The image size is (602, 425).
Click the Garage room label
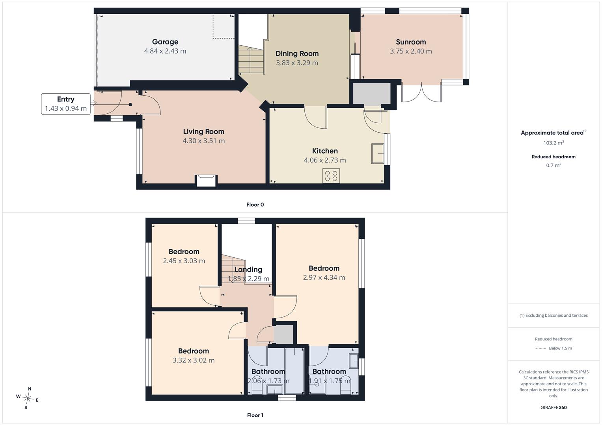pyautogui.click(x=165, y=42)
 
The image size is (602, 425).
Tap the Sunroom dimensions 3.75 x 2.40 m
pyautogui.click(x=411, y=51)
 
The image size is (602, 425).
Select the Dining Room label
pyautogui.click(x=297, y=54)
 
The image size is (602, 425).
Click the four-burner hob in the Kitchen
pyautogui.click(x=331, y=176)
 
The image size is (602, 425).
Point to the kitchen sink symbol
pyautogui.click(x=378, y=153)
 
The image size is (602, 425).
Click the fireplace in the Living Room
pyautogui.click(x=206, y=180)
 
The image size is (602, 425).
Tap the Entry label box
pyautogui.click(x=65, y=104)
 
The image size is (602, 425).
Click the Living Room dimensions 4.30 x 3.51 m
pyautogui.click(x=204, y=141)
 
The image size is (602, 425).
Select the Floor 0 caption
pyautogui.click(x=255, y=205)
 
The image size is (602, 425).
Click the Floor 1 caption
pyautogui.click(x=255, y=415)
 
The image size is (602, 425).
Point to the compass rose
pyautogui.click(x=28, y=398)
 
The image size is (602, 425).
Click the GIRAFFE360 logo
pyautogui.click(x=554, y=408)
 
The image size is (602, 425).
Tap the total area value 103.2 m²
pyautogui.click(x=554, y=143)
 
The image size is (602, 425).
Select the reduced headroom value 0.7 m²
pyautogui.click(x=554, y=165)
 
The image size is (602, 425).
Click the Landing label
pyautogui.click(x=248, y=270)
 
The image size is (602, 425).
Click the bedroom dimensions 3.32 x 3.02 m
pyautogui.click(x=194, y=360)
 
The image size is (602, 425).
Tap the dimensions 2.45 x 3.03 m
pyautogui.click(x=184, y=261)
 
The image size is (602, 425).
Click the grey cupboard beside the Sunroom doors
pyautogui.click(x=371, y=94)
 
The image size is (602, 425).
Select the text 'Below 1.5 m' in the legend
pyautogui.click(x=560, y=348)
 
